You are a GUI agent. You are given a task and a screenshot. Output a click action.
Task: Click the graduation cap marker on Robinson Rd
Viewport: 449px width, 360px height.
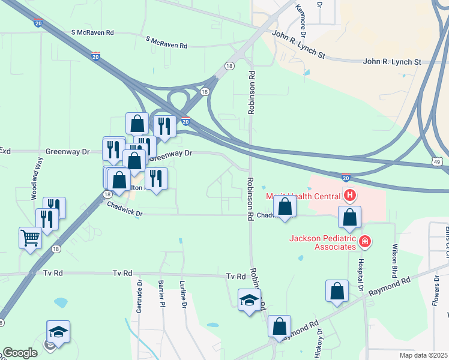tap(249, 300)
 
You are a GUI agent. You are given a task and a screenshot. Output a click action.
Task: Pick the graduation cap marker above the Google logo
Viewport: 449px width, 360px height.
tap(58, 331)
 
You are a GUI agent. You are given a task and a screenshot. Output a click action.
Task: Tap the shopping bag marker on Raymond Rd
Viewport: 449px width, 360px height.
tap(279, 326)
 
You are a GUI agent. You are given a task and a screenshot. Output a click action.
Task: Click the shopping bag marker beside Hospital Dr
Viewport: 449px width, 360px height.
tap(349, 218)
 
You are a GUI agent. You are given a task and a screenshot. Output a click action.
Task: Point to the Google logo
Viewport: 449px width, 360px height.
tap(20, 353)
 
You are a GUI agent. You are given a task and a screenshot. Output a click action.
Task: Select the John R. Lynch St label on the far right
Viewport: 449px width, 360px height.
tap(393, 62)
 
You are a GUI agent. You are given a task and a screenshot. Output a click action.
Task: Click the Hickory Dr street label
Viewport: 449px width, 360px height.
tap(319, 343)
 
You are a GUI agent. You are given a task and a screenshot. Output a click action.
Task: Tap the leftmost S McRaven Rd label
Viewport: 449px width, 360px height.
tap(92, 32)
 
